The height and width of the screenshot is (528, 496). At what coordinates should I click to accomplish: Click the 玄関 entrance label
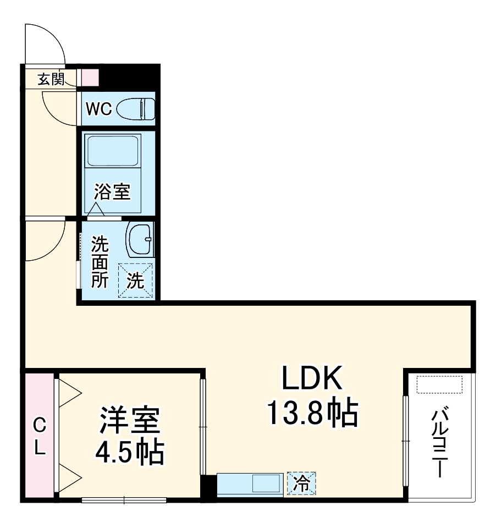click(51, 79)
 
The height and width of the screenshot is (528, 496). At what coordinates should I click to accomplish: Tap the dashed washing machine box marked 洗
click(135, 280)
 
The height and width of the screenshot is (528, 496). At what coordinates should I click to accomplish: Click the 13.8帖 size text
click(312, 414)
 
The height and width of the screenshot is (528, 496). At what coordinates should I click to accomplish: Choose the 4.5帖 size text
click(129, 453)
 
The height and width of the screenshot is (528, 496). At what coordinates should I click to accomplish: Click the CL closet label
click(39, 437)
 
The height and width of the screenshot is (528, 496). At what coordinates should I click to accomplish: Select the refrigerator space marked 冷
click(302, 484)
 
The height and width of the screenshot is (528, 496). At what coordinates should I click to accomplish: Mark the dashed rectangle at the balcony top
click(439, 384)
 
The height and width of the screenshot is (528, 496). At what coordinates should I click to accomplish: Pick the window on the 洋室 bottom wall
click(124, 500)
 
